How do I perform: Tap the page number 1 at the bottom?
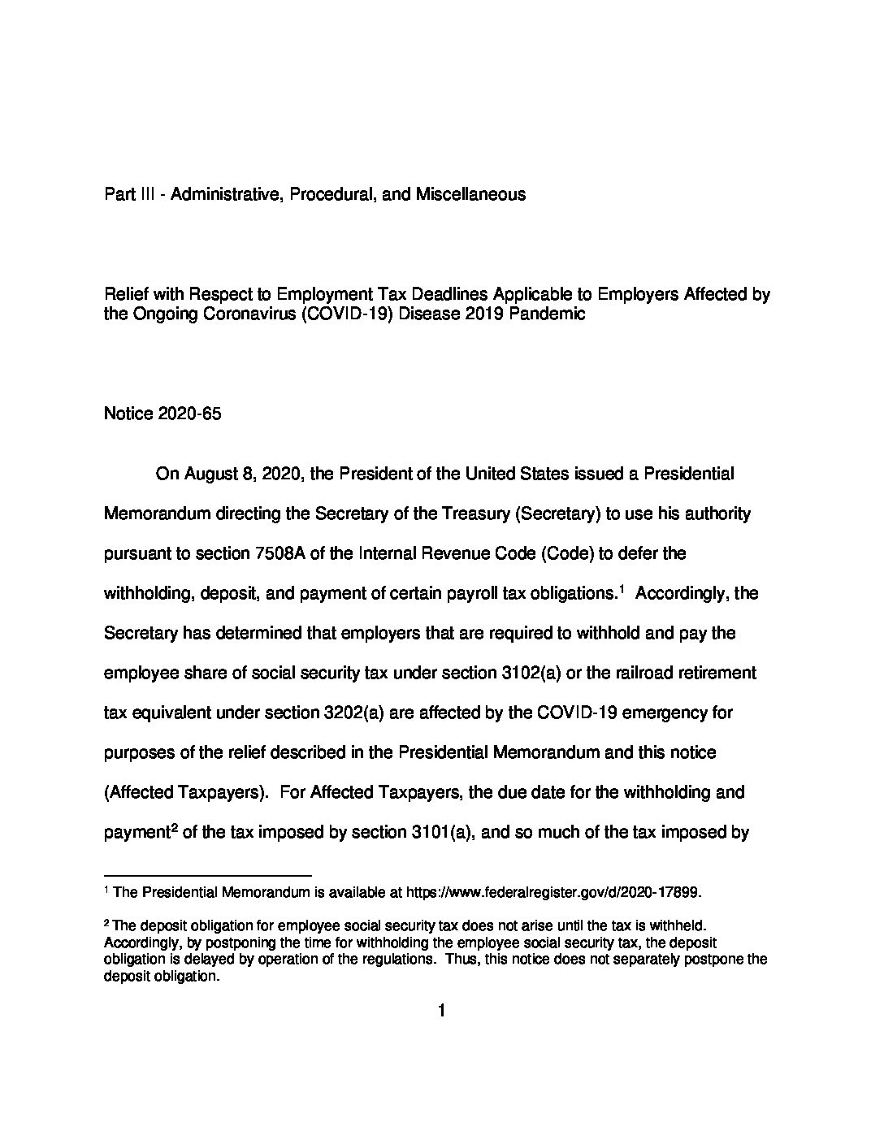(442, 1011)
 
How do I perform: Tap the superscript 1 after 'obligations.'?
(621, 588)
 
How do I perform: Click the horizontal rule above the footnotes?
(208, 875)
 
